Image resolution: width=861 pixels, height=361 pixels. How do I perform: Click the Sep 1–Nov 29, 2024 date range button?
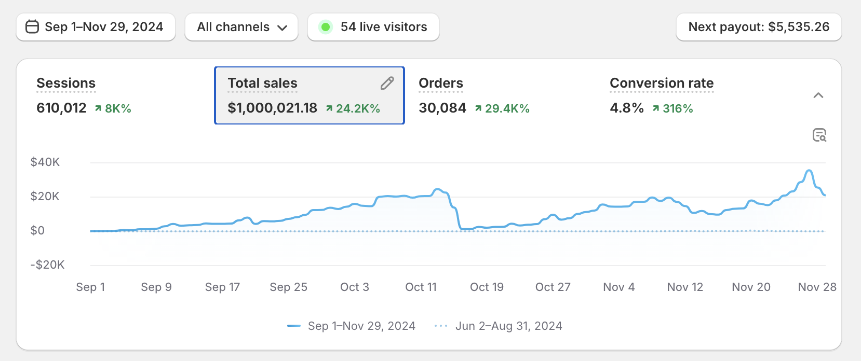tap(96, 27)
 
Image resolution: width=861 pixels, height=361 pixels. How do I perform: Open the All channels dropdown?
tap(241, 27)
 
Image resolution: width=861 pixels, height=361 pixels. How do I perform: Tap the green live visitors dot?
tap(326, 27)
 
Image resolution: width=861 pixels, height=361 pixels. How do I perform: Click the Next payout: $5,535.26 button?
tap(758, 27)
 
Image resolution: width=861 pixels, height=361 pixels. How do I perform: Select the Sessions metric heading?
tap(66, 83)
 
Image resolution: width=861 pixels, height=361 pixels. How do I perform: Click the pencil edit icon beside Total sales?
tap(387, 83)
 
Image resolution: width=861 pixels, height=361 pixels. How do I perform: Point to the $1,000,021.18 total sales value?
tap(272, 108)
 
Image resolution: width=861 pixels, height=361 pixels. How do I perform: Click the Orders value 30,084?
tap(442, 108)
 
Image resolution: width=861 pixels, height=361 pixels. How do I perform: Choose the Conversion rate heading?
tap(662, 83)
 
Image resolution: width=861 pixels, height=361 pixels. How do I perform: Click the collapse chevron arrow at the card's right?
tap(818, 95)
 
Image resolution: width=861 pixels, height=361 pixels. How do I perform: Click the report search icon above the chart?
tap(819, 135)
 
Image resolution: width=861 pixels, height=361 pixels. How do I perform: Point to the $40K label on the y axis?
tap(45, 162)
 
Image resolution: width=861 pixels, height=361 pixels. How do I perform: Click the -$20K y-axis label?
tap(47, 265)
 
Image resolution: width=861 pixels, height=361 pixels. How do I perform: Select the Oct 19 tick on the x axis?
tap(487, 287)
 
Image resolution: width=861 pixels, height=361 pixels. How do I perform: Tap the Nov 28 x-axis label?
tap(817, 287)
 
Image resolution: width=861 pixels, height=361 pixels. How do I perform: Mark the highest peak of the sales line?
tap(809, 171)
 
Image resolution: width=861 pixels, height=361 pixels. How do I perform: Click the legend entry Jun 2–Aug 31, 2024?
tap(508, 326)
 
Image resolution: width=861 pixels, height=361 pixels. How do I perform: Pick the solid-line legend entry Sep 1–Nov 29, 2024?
tap(361, 326)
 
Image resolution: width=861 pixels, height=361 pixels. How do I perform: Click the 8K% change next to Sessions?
tap(117, 108)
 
